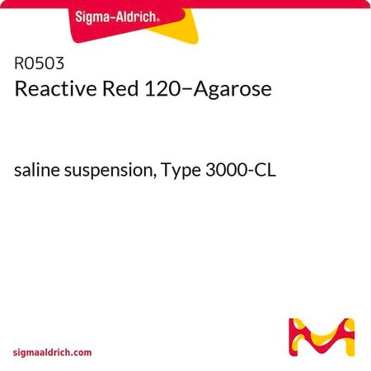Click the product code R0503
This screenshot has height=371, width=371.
click(39, 63)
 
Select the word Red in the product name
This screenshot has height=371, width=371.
click(120, 89)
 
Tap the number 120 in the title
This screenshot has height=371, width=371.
click(162, 89)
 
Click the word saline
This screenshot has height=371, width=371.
click(37, 170)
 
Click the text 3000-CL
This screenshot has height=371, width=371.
click(241, 170)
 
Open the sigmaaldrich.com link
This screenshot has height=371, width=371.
click(52, 353)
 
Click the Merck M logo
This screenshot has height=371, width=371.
click(322, 337)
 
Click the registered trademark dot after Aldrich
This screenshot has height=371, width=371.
click(157, 21)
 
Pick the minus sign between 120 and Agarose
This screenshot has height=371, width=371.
click(185, 90)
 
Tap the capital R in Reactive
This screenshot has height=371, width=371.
click(21, 89)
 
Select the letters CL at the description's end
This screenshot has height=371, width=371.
click(266, 170)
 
